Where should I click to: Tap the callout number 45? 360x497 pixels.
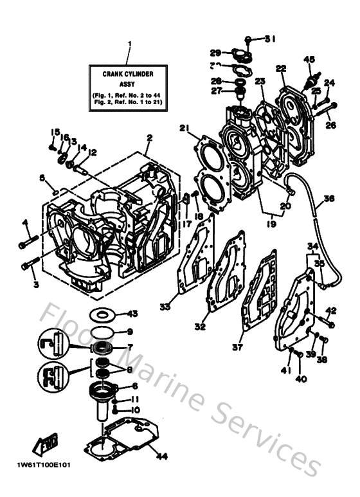tap(309, 60)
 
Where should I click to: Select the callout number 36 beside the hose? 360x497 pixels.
tap(329, 199)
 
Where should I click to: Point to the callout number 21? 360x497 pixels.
tap(185, 129)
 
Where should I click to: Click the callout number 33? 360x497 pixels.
tap(165, 307)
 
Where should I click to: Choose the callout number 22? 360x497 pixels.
tap(281, 69)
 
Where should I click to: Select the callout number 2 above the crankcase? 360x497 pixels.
tap(148, 138)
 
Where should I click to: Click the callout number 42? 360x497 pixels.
tap(331, 311)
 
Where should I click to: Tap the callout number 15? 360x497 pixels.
tap(55, 131)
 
